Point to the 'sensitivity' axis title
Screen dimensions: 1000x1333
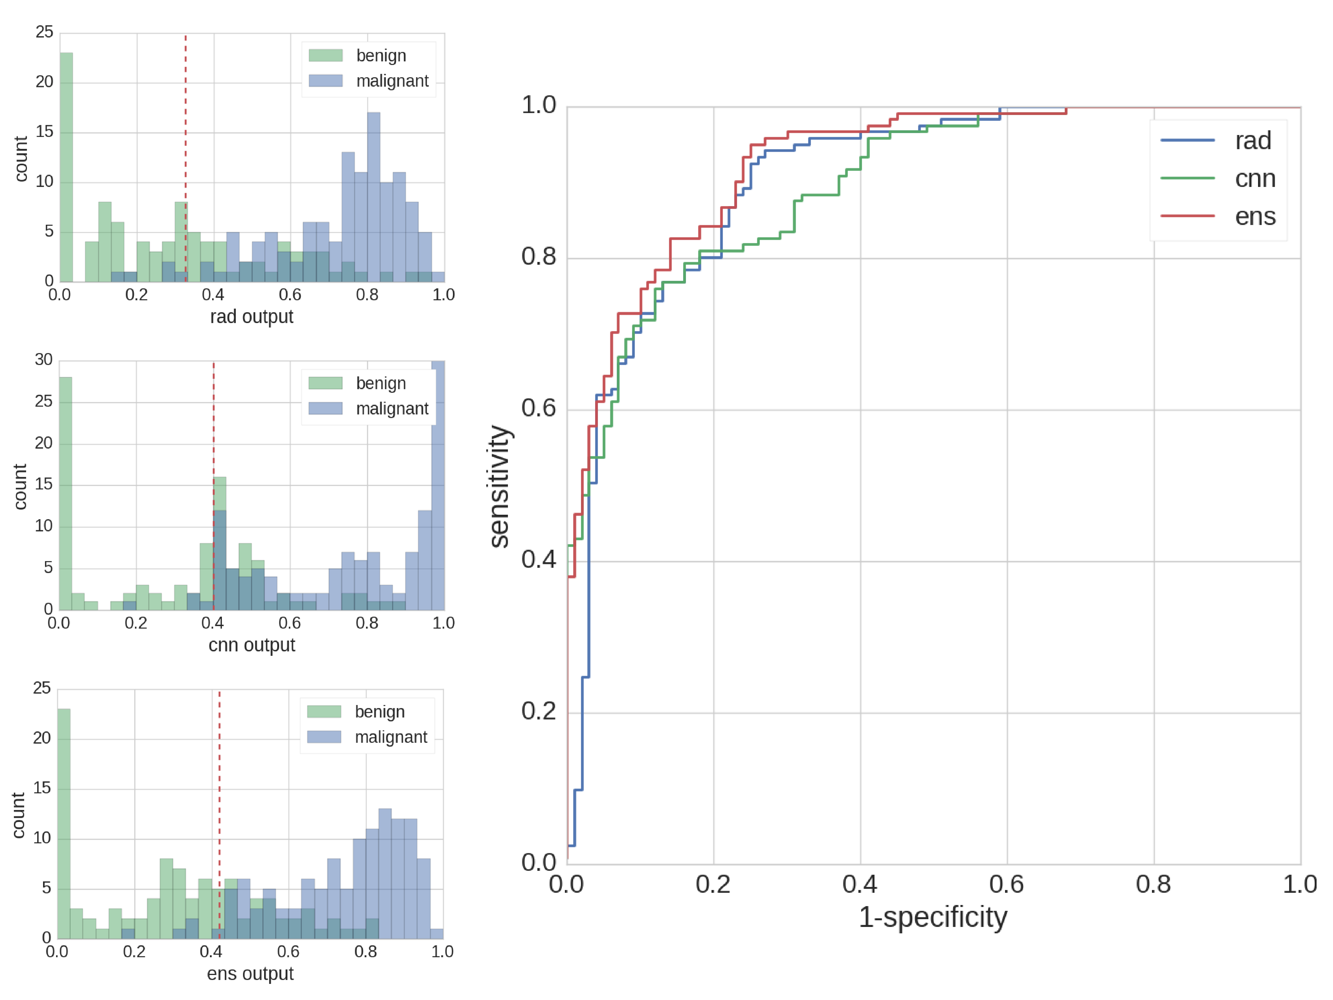[499, 486]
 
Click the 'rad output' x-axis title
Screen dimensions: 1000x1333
[251, 316]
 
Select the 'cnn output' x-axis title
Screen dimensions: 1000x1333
[251, 645]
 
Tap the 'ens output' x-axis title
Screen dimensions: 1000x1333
[250, 974]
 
